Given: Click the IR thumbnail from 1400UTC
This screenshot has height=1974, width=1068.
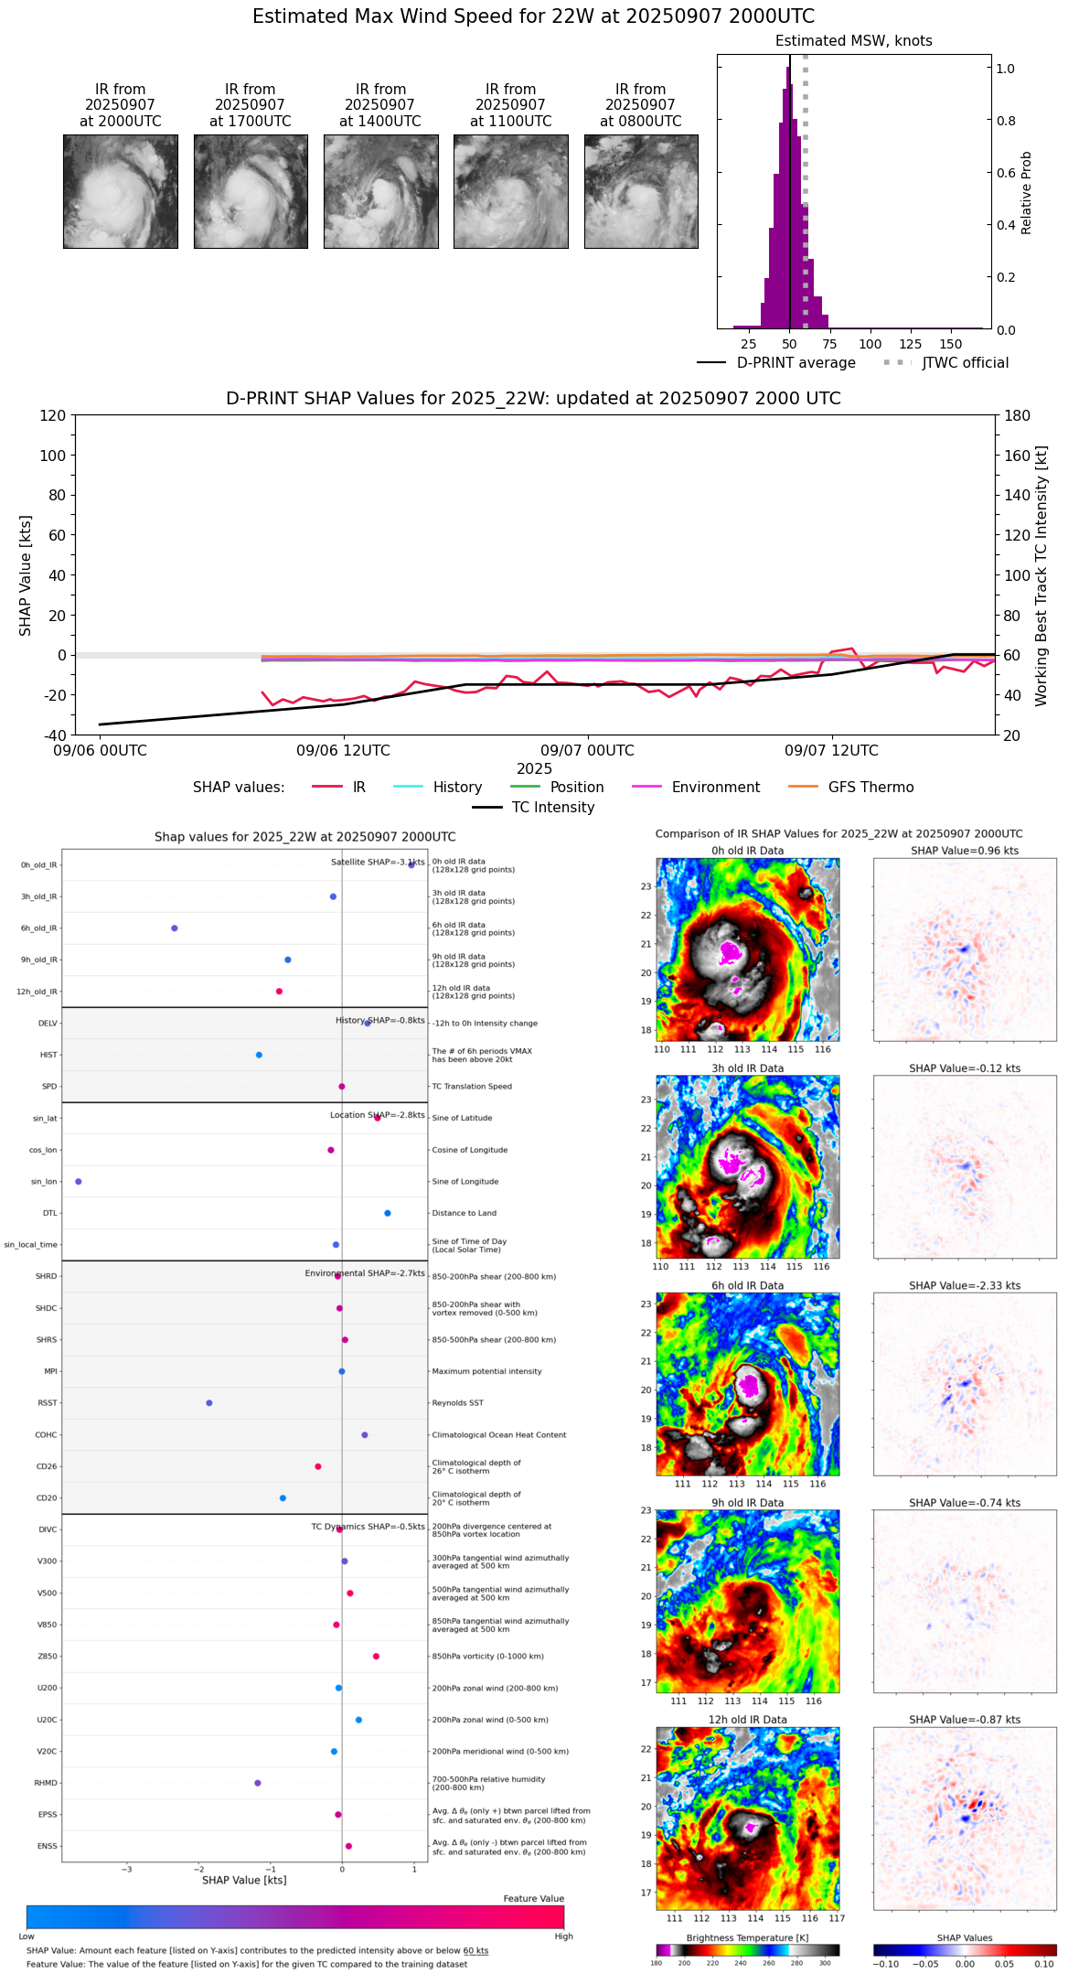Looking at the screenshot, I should point(380,191).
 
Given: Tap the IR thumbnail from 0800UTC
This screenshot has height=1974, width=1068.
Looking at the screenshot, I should point(641,191).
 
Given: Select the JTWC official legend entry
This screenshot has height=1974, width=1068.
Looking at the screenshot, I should point(965,363).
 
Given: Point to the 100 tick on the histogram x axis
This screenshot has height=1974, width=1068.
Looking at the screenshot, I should point(870,344).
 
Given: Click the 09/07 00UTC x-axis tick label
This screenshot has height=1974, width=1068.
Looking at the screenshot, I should point(587,751).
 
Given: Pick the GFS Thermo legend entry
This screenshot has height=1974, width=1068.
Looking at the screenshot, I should point(870,788).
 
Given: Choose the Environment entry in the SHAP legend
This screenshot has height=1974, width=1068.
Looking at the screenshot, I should point(715,788).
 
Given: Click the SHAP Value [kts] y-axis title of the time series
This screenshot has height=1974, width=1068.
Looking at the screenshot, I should point(26,575).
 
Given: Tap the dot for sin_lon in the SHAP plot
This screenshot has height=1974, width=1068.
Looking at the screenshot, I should point(79,1182).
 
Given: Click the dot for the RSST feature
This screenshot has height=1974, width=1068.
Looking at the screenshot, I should point(209,1403).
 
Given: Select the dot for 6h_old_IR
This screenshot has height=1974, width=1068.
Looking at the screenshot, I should point(175,928).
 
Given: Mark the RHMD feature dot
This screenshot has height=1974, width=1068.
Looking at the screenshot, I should point(258,1783).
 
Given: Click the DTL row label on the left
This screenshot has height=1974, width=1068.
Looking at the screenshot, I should point(49,1214).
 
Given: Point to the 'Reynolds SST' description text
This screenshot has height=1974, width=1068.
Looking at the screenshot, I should point(457,1403).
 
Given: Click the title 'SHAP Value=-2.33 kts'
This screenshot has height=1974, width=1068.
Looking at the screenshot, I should point(965,1286).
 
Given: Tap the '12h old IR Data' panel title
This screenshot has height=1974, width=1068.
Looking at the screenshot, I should point(747,1721).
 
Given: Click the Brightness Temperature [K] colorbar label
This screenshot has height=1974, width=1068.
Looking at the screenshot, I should point(747,1938).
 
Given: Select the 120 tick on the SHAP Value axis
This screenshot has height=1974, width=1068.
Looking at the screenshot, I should point(53,415).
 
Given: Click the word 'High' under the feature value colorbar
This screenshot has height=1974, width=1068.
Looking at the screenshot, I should point(563,1936).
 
